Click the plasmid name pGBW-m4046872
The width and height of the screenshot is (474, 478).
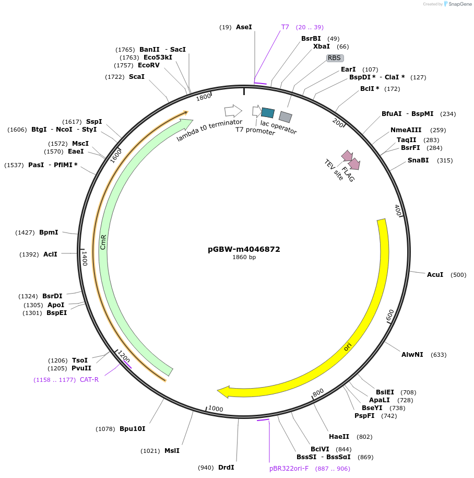pyautogui.click(x=244, y=249)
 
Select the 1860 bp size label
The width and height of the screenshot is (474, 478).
pyautogui.click(x=244, y=257)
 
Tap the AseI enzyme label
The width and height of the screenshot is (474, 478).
pyautogui.click(x=244, y=27)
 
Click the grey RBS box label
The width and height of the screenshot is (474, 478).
pyautogui.click(x=335, y=58)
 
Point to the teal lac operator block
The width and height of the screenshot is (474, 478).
pyautogui.click(x=268, y=112)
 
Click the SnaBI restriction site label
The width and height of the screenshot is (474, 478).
pyautogui.click(x=418, y=160)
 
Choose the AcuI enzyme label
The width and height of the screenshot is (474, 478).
pyautogui.click(x=435, y=274)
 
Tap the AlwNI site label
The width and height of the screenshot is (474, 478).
pyautogui.click(x=412, y=355)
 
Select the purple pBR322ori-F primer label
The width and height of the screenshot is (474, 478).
pyautogui.click(x=289, y=469)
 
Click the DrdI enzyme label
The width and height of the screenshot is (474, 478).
pyautogui.click(x=226, y=468)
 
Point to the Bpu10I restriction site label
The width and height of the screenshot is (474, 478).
pyautogui.click(x=133, y=429)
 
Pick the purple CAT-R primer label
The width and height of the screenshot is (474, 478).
pyautogui.click(x=89, y=380)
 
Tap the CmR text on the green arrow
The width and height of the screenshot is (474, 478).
pyautogui.click(x=103, y=242)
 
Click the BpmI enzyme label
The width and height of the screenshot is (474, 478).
pyautogui.click(x=49, y=232)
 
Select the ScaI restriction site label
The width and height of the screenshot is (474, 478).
pyautogui.click(x=137, y=77)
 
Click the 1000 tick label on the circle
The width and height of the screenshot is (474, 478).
pyautogui.click(x=216, y=409)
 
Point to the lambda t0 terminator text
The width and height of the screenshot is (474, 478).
pyautogui.click(x=209, y=130)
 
